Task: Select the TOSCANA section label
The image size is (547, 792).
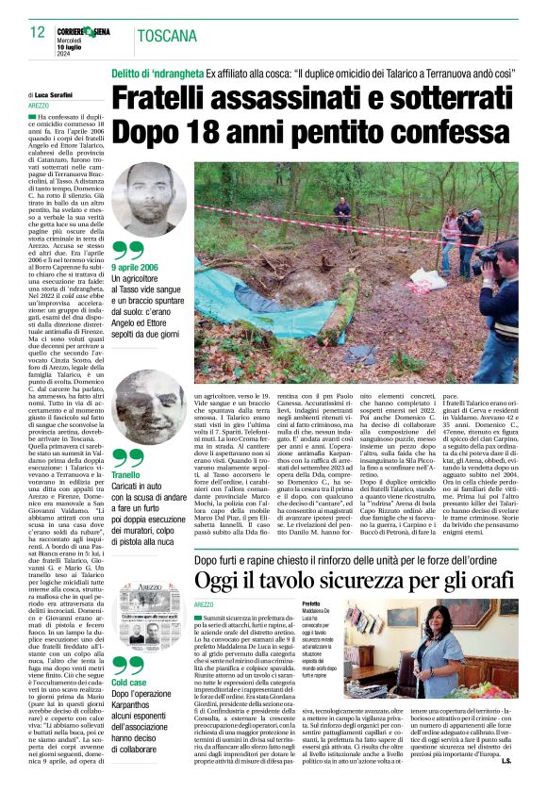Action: pos(166,38)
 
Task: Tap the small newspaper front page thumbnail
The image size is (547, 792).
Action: pos(144,613)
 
